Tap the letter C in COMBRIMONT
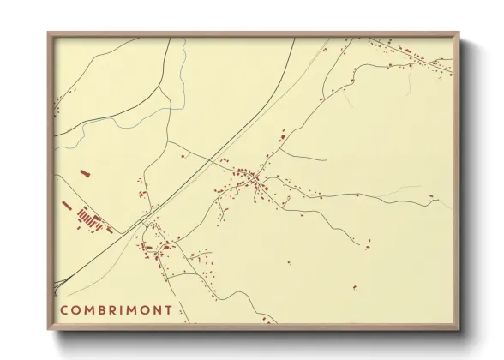tap(64, 309)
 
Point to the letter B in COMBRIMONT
tap(100, 309)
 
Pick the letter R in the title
tap(112, 309)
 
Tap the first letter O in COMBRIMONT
tap(75, 309)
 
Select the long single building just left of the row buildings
tap(66, 205)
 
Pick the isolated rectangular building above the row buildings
tap(85, 174)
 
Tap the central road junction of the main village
tap(255, 181)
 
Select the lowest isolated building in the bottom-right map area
tap(354, 286)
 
